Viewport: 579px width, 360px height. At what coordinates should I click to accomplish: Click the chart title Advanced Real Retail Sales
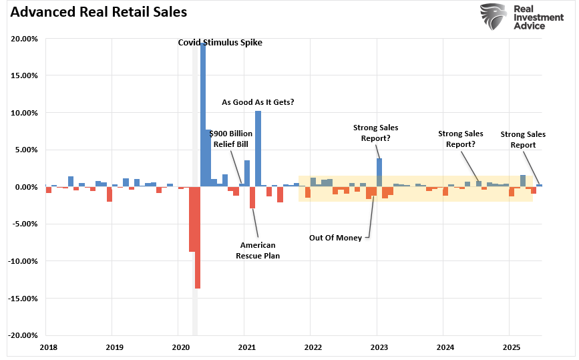(x=94, y=12)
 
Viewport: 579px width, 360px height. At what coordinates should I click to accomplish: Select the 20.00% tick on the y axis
(x=25, y=39)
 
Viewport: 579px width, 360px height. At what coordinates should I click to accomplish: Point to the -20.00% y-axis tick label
(x=23, y=335)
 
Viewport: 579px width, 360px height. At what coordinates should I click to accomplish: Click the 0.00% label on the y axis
(x=27, y=187)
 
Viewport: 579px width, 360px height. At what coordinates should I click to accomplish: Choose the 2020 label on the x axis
(x=180, y=348)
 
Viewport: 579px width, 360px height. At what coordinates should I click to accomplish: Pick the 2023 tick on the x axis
(x=379, y=348)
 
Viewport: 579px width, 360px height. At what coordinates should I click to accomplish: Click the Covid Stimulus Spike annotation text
(x=220, y=43)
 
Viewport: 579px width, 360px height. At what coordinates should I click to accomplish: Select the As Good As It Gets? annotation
(x=258, y=102)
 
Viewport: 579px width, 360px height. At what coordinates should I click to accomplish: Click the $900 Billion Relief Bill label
(x=230, y=138)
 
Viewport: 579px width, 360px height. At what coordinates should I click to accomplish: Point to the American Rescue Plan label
(x=258, y=250)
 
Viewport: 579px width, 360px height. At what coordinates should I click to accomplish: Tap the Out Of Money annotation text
(x=335, y=237)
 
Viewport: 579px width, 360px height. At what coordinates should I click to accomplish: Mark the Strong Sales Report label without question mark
(x=523, y=140)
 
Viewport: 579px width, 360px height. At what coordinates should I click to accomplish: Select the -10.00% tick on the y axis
(x=23, y=261)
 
